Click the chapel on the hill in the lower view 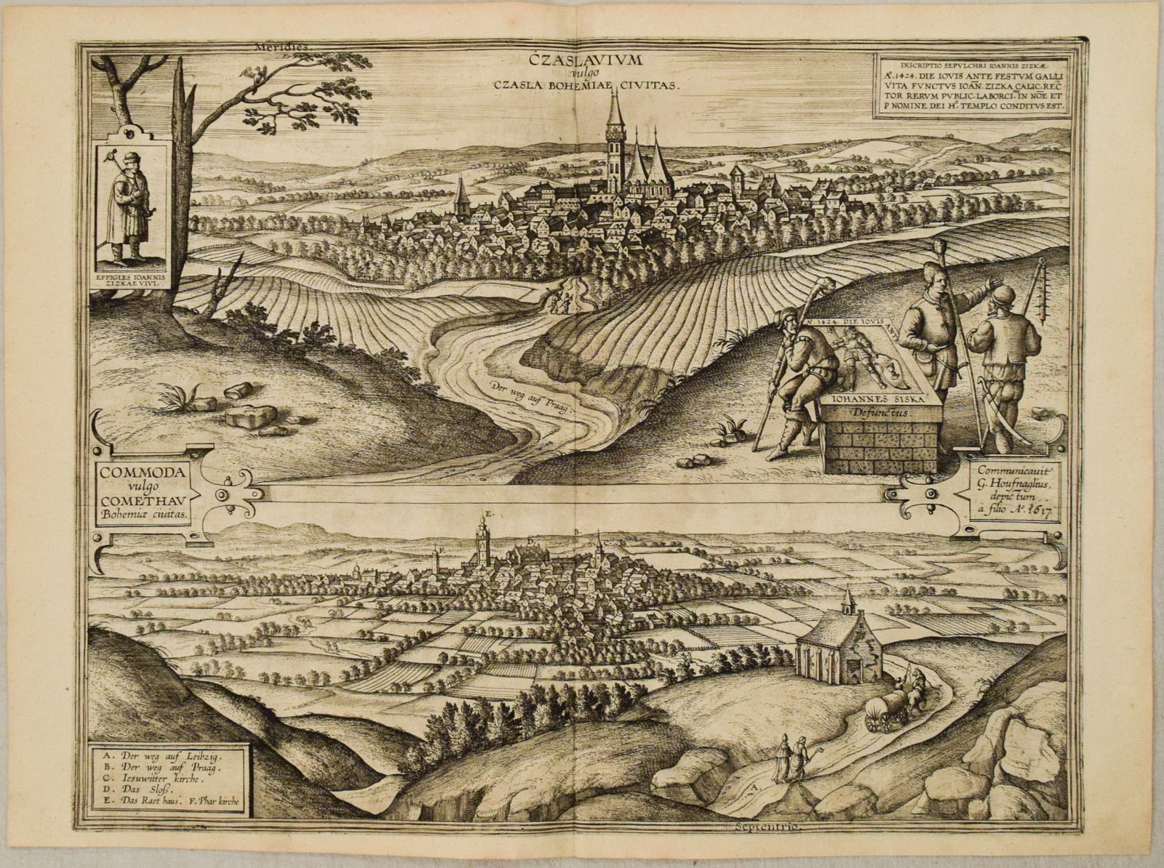(x=837, y=647)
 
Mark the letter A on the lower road (x=756, y=787)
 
